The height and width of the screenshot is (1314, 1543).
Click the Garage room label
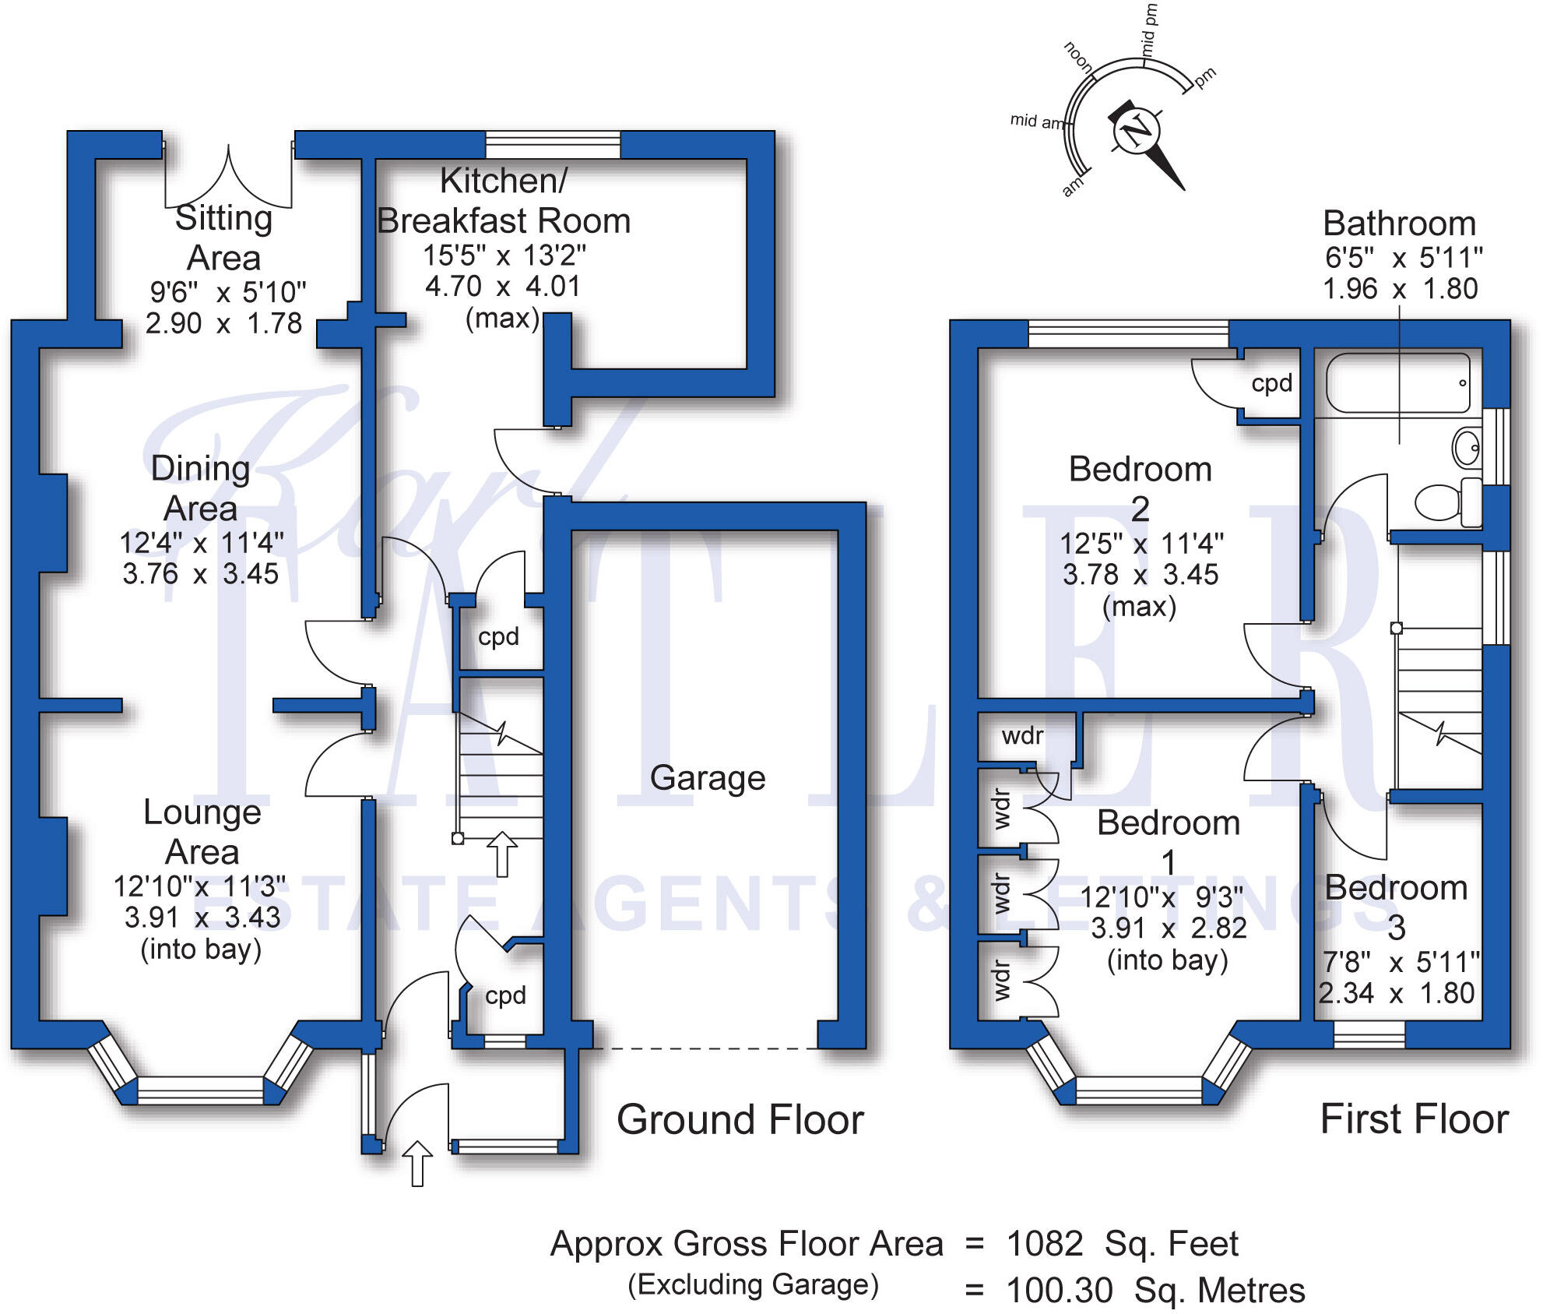click(708, 778)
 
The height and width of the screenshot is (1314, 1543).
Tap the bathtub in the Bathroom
click(1397, 383)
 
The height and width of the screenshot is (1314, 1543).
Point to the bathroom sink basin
click(1467, 447)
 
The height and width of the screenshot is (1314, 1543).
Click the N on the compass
click(1137, 130)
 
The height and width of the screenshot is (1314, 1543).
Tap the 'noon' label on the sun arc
click(1079, 57)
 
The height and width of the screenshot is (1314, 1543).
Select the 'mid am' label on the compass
click(1036, 121)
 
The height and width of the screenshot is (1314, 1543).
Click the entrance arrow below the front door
click(417, 1164)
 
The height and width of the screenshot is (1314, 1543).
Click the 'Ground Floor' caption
click(740, 1120)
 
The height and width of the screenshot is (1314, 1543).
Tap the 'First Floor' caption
click(1415, 1119)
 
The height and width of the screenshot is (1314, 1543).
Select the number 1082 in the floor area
click(1045, 1244)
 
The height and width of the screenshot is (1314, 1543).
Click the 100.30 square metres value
click(1060, 1291)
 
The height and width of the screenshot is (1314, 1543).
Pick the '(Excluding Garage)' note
click(754, 1284)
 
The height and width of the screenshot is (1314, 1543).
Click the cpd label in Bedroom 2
click(1272, 383)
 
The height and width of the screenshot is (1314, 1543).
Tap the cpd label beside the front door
click(505, 995)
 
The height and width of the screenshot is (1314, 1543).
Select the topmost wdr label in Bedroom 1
click(1022, 736)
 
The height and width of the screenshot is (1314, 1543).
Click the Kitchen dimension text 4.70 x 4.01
click(503, 287)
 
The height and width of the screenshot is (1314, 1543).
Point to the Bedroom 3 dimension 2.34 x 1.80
click(1397, 993)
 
